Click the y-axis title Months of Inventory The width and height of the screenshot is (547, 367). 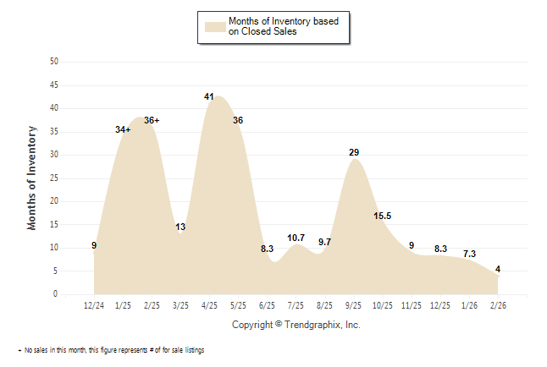pyautogui.click(x=32, y=178)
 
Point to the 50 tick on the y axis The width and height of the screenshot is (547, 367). pyautogui.click(x=54, y=62)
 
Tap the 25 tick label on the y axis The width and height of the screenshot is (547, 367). pyautogui.click(x=54, y=178)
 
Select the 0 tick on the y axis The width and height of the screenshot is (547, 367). pyautogui.click(x=56, y=294)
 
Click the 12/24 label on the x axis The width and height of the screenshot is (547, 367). pyautogui.click(x=94, y=305)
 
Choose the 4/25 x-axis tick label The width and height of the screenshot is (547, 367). pyautogui.click(x=209, y=305)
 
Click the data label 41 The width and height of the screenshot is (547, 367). pyautogui.click(x=209, y=96)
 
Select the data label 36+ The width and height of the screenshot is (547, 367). pyautogui.click(x=152, y=120)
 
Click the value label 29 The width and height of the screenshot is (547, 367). pyautogui.click(x=354, y=152)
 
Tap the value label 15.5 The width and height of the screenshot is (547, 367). pyautogui.click(x=382, y=216)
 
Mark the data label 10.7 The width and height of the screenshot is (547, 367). pyautogui.click(x=296, y=238)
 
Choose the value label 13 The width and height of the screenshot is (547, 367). pyautogui.click(x=180, y=227)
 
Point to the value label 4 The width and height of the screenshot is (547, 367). pyautogui.click(x=497, y=269)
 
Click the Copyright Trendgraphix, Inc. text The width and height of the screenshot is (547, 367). pyautogui.click(x=296, y=325)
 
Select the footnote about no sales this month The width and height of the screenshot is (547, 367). pyautogui.click(x=111, y=350)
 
